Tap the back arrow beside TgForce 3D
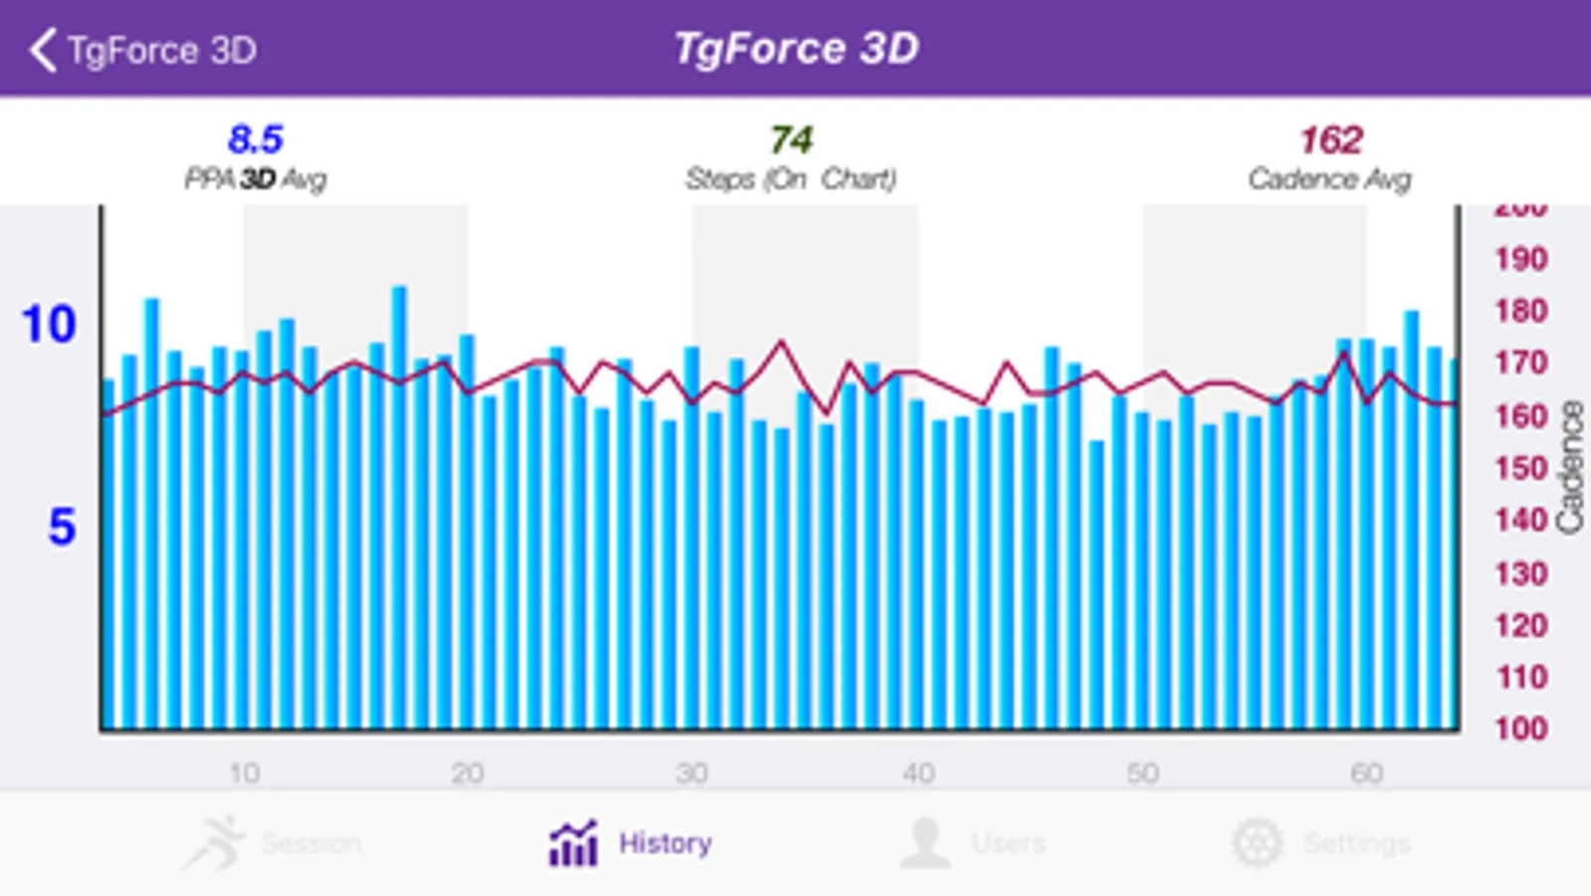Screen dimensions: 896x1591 [43, 50]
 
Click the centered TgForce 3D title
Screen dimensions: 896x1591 [796, 48]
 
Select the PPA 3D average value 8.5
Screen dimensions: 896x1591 [256, 139]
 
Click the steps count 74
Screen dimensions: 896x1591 [792, 139]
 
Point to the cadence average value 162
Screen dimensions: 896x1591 [1330, 140]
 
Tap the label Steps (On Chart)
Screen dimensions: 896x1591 [791, 179]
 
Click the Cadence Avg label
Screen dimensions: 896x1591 [1329, 179]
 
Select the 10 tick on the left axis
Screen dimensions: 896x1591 [49, 325]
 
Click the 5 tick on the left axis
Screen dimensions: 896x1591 [62, 527]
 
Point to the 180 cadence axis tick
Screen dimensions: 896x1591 [1520, 312]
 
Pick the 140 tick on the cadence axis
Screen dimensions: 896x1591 [1520, 520]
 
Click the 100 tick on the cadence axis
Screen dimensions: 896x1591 [1520, 728]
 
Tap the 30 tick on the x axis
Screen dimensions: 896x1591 [692, 773]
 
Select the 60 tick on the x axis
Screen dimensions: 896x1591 [1366, 773]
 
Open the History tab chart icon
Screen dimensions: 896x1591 [574, 843]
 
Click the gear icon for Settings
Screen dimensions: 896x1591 [1258, 843]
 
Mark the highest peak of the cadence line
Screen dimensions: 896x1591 [782, 341]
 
